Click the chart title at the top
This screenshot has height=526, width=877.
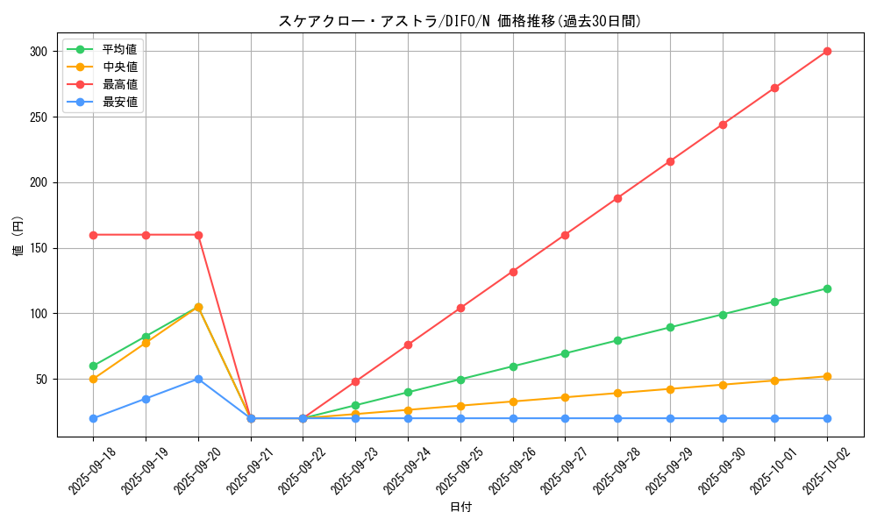pos(460,21)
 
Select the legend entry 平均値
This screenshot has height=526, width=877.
pos(119,49)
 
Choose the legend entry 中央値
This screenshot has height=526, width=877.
pos(119,67)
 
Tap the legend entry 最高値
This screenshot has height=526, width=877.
pos(119,84)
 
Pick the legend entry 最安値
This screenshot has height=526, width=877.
pos(119,102)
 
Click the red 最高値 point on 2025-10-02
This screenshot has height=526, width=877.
pos(827,51)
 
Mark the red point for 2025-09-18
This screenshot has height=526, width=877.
pos(93,235)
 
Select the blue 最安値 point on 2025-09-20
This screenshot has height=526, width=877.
pos(198,379)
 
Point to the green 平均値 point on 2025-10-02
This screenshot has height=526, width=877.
pos(827,288)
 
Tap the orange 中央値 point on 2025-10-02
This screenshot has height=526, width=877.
pos(827,376)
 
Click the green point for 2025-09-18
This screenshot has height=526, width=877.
pos(93,366)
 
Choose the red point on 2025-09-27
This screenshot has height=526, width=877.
pos(565,235)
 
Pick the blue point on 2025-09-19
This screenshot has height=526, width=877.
pos(146,399)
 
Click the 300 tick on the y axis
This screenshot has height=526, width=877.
pos(37,52)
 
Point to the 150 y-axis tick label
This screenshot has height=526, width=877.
pos(37,248)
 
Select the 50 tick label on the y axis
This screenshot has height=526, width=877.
pos(40,380)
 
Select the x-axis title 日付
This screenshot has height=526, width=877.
pos(460,508)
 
